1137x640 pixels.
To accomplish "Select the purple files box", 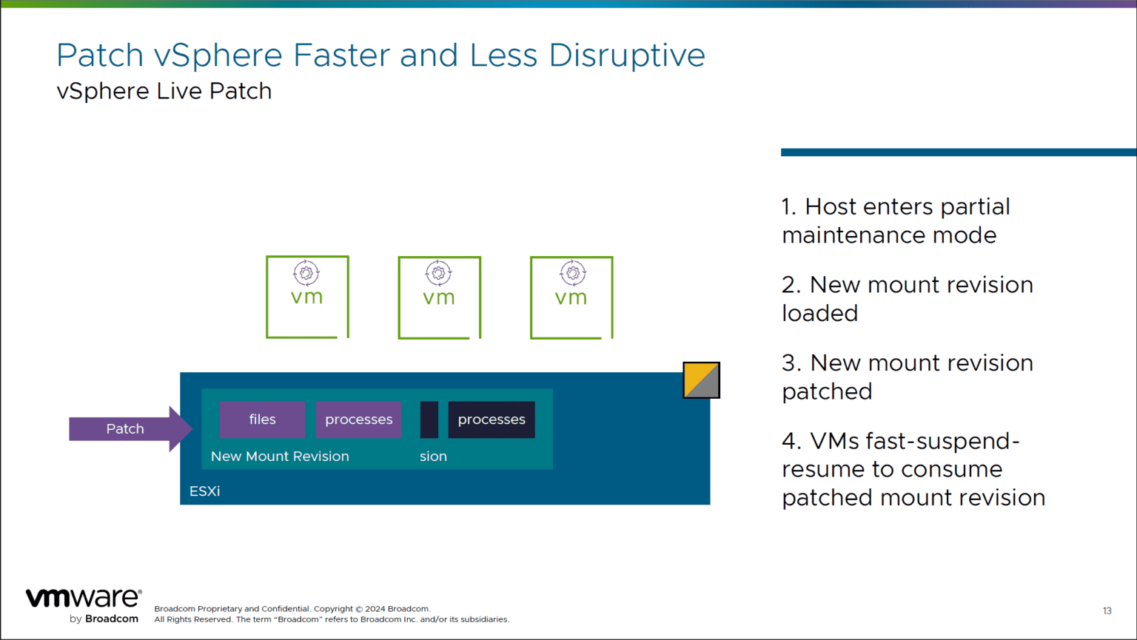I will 262,420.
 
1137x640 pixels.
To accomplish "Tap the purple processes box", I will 358,420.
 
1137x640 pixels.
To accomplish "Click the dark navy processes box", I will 491,420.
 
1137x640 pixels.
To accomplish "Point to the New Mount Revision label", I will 280,457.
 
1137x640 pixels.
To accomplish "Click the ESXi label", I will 204,491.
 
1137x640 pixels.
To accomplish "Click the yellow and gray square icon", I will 701,380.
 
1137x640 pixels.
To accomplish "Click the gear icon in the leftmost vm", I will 306,273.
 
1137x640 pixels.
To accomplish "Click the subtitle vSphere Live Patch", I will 164,91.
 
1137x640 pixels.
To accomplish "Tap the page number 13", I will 1107,611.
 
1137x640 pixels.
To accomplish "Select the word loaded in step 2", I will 819,314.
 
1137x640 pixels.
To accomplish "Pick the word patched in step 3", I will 827,391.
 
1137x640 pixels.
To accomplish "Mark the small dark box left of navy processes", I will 429,420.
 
